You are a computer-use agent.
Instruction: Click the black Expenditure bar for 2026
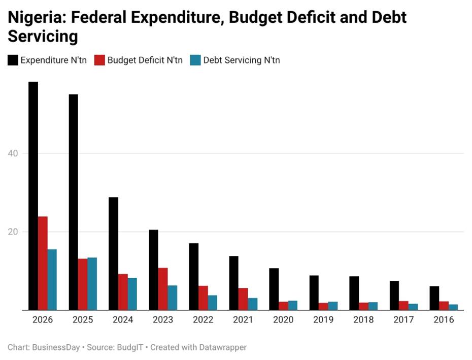coord(33,195)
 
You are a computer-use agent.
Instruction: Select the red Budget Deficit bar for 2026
coord(43,263)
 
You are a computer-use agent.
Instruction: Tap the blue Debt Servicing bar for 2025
coord(92,283)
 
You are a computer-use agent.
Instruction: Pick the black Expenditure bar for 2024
coord(113,253)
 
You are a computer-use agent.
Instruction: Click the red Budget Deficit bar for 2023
coord(163,288)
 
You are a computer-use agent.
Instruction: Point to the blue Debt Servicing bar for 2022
coord(212,302)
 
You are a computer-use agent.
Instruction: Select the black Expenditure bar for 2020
coord(274,289)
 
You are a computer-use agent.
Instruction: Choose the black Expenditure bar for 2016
coord(434,298)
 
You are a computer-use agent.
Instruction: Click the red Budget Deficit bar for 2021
coord(243,299)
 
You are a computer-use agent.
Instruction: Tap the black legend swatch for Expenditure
coord(13,60)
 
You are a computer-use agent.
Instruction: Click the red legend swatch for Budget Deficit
coord(99,60)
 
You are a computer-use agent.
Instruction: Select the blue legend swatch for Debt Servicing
coord(195,60)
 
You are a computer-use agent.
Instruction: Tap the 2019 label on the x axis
coord(323,320)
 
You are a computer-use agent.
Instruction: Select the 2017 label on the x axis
coord(403,320)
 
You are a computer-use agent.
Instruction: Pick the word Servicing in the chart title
coord(43,37)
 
